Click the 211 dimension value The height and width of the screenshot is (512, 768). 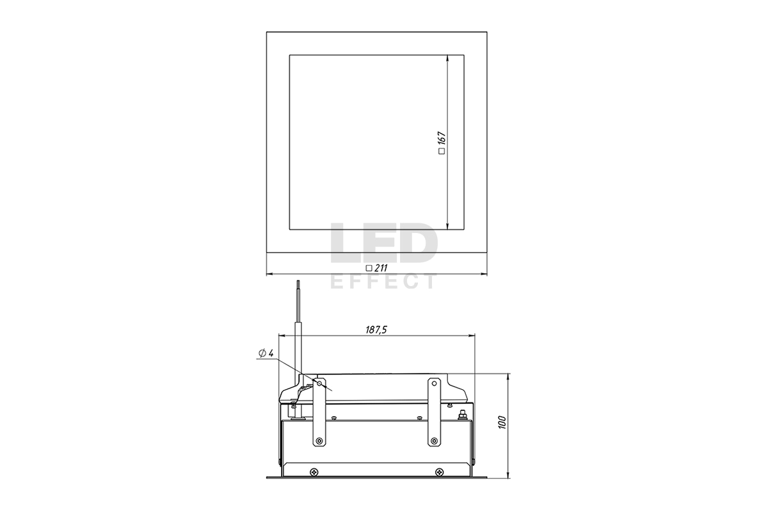[381, 268]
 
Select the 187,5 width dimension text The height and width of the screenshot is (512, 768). [376, 330]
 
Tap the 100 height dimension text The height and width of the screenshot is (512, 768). [502, 422]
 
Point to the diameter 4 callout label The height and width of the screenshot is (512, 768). [266, 353]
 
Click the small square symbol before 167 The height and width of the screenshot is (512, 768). [442, 151]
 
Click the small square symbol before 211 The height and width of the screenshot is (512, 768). [369, 269]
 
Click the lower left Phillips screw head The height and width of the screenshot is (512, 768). [314, 472]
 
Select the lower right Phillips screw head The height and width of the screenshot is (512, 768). [439, 472]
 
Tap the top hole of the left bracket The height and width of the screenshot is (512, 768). [319, 383]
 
